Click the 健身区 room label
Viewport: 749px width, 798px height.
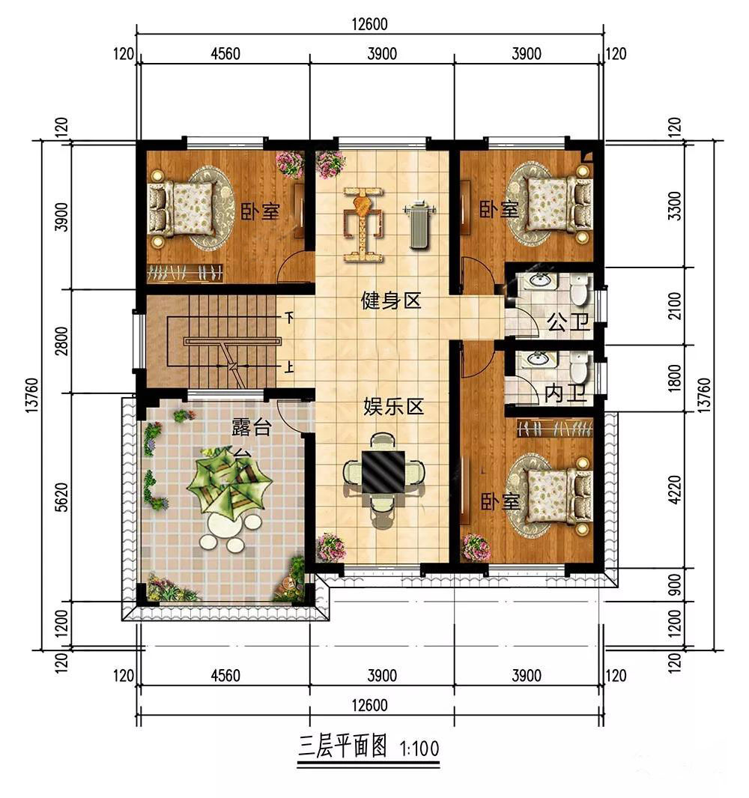pos(391,300)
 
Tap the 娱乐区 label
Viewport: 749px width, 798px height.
pos(393,407)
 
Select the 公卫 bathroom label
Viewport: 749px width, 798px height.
pos(568,321)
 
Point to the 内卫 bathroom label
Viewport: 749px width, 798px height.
pos(565,393)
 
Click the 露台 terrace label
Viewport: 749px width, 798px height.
pos(252,428)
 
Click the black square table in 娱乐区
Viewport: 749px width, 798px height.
pos(383,471)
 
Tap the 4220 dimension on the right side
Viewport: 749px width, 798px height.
pos(675,489)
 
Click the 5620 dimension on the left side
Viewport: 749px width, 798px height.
pos(61,498)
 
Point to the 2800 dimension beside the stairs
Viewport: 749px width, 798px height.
pos(61,341)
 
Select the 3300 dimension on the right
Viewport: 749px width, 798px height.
pos(675,205)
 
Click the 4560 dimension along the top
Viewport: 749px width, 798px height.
pos(225,53)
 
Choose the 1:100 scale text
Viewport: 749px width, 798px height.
pos(419,749)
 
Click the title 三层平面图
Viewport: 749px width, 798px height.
pos(342,746)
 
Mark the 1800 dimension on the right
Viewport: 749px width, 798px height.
pos(675,378)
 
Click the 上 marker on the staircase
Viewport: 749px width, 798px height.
pos(289,366)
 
